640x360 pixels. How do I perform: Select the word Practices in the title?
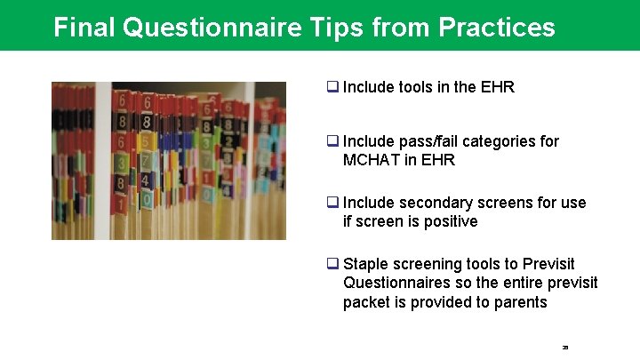pos(497,28)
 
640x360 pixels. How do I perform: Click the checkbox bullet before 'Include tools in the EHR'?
pos(332,87)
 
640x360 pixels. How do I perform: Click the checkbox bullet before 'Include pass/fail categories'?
pos(332,141)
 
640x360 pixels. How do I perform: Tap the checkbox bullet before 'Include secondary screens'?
pos(332,203)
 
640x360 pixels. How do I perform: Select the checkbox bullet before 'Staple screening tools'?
pos(332,264)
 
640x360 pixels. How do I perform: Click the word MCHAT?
pos(372,160)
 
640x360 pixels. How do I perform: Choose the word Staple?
pos(365,264)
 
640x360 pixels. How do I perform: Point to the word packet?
pos(365,302)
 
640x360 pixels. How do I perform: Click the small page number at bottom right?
pos(565,347)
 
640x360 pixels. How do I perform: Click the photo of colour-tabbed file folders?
pos(169,161)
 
